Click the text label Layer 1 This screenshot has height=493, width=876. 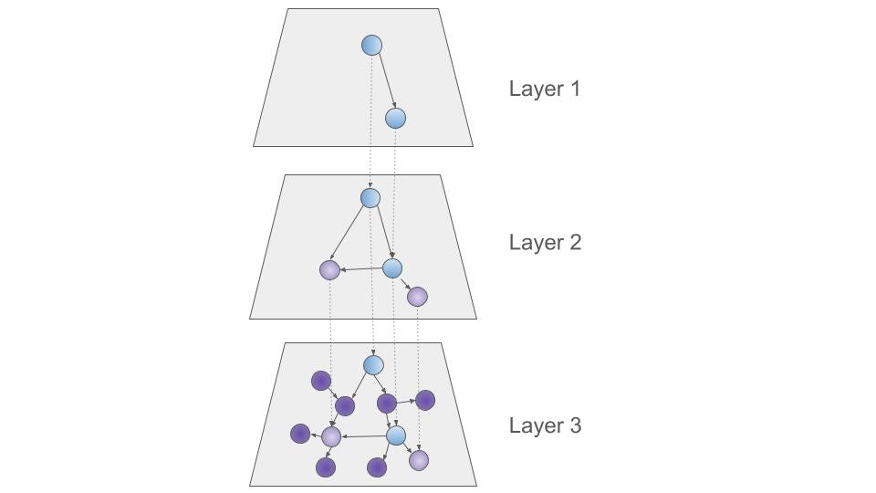point(544,89)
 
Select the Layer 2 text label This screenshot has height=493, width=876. point(545,243)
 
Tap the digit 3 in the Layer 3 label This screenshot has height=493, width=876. point(575,426)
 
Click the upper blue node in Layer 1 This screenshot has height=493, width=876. point(371,45)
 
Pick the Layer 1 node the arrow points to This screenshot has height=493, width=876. point(395,118)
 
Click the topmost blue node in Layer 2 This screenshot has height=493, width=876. point(370,197)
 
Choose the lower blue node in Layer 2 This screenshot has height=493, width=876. point(392,268)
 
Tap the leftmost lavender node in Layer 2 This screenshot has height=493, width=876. point(329,270)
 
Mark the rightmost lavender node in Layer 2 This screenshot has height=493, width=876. point(417,297)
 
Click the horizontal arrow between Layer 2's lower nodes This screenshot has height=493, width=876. point(361,269)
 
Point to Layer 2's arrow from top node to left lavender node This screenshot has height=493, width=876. point(349,234)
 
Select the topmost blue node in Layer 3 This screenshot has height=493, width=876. point(373,365)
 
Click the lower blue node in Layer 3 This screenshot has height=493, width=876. point(395,435)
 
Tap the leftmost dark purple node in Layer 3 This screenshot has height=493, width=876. point(300,434)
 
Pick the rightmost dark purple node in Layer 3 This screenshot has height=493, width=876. point(425,400)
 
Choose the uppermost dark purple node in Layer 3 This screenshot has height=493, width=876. point(320,381)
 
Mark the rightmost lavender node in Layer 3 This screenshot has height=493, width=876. point(418,461)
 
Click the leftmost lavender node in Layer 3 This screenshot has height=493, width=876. point(331,437)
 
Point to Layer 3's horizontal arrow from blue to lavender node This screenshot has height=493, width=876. point(363,436)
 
